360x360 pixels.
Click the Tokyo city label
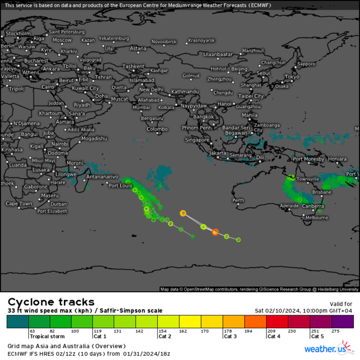292,77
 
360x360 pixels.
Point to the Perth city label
238,200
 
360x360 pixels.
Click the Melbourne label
317,218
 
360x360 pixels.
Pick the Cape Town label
19,204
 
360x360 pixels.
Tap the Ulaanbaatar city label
218,54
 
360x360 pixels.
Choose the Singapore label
197,140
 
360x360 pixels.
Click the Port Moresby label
309,159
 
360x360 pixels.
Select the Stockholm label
18,33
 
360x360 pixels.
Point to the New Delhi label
151,89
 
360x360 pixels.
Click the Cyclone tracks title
51,302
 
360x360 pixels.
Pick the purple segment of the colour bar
343,321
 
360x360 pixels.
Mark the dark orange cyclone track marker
215,232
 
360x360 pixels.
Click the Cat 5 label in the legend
317,336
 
